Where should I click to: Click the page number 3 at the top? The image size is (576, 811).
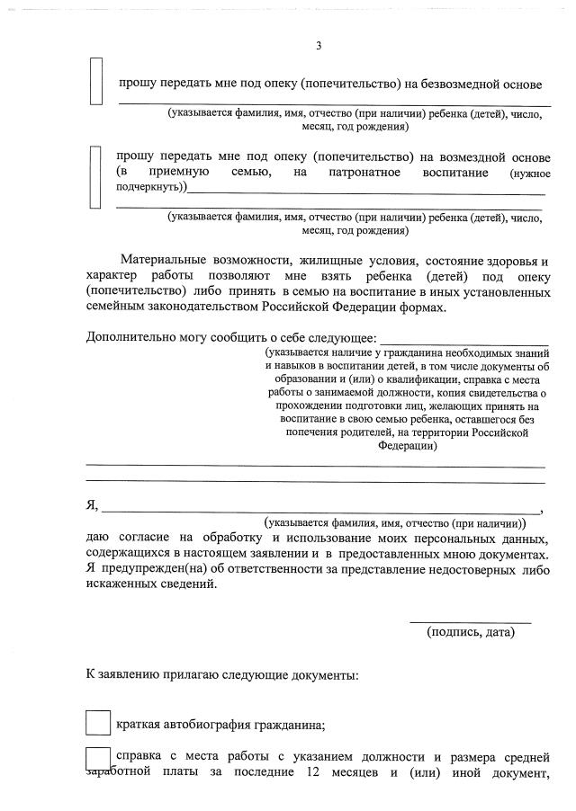pyautogui.click(x=318, y=46)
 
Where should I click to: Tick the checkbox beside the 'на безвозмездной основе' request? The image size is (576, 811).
pyautogui.click(x=96, y=82)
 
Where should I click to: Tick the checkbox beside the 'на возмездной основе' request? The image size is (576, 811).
pyautogui.click(x=96, y=176)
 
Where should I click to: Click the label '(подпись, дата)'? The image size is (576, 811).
pyautogui.click(x=470, y=632)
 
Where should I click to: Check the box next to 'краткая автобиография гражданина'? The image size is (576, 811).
pyautogui.click(x=97, y=723)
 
